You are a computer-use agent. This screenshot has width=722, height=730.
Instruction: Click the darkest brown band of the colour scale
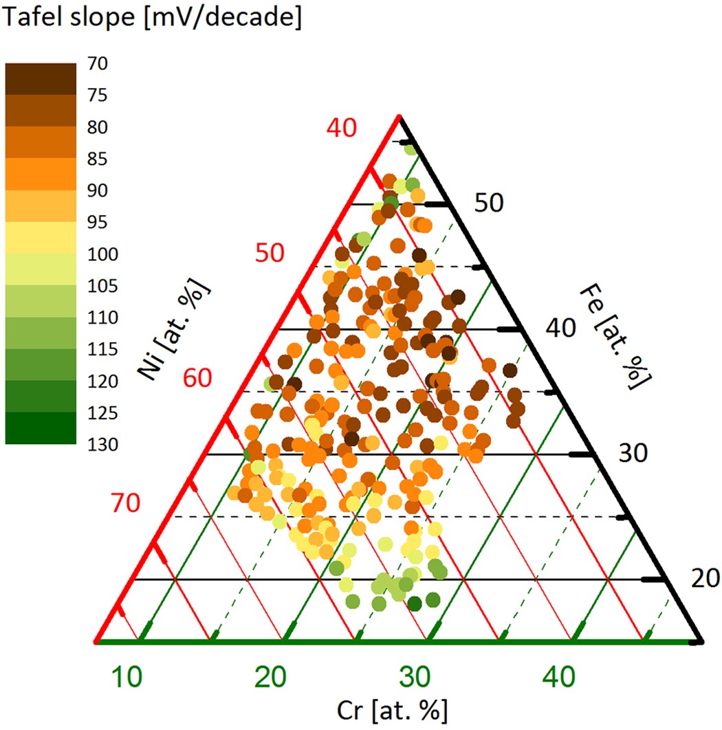pos(41,79)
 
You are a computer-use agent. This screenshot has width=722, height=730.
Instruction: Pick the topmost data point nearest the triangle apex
pos(411,149)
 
